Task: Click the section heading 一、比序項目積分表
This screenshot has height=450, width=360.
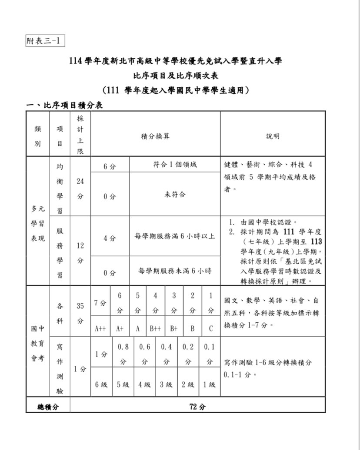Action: coord(65,105)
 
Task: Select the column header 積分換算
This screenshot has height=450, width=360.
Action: coord(155,136)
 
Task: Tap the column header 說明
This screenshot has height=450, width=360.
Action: coord(273,136)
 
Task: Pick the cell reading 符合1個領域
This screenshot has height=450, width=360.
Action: coord(175,165)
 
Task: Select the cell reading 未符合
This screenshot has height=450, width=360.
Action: coord(175,195)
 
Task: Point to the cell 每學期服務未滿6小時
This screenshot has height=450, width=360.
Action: coord(175,271)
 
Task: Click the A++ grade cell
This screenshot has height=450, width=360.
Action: coord(100,328)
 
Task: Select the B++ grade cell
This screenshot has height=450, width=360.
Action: coord(155,328)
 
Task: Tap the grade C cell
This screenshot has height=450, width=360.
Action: coord(210,328)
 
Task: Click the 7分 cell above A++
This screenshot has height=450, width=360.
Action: coord(100,303)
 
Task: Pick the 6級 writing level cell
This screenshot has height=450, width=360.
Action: coord(101,384)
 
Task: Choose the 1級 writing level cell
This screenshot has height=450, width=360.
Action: coord(210,384)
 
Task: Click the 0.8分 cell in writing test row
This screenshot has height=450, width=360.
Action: coord(123,354)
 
